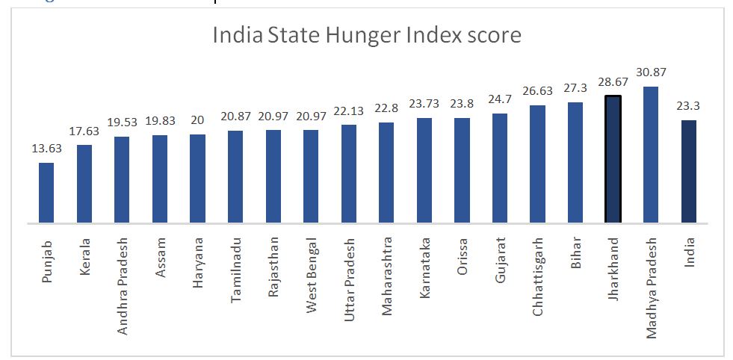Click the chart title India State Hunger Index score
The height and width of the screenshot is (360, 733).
pos(366,36)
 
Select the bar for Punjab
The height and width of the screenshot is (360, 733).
pos(46,192)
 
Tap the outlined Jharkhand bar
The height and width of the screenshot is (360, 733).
pos(613,158)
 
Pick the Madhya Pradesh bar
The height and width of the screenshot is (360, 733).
pos(651,154)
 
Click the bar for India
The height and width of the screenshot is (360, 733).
pos(689,171)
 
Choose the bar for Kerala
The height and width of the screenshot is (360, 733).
pos(84,183)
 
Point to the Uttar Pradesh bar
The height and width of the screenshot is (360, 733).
pos(349,173)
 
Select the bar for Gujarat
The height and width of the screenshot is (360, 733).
pos(500,168)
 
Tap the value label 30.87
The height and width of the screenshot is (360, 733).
pos(651,73)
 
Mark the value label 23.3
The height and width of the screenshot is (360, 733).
pos(689,107)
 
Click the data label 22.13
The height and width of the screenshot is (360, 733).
pos(349,112)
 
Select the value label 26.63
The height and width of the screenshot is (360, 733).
pos(537,93)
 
